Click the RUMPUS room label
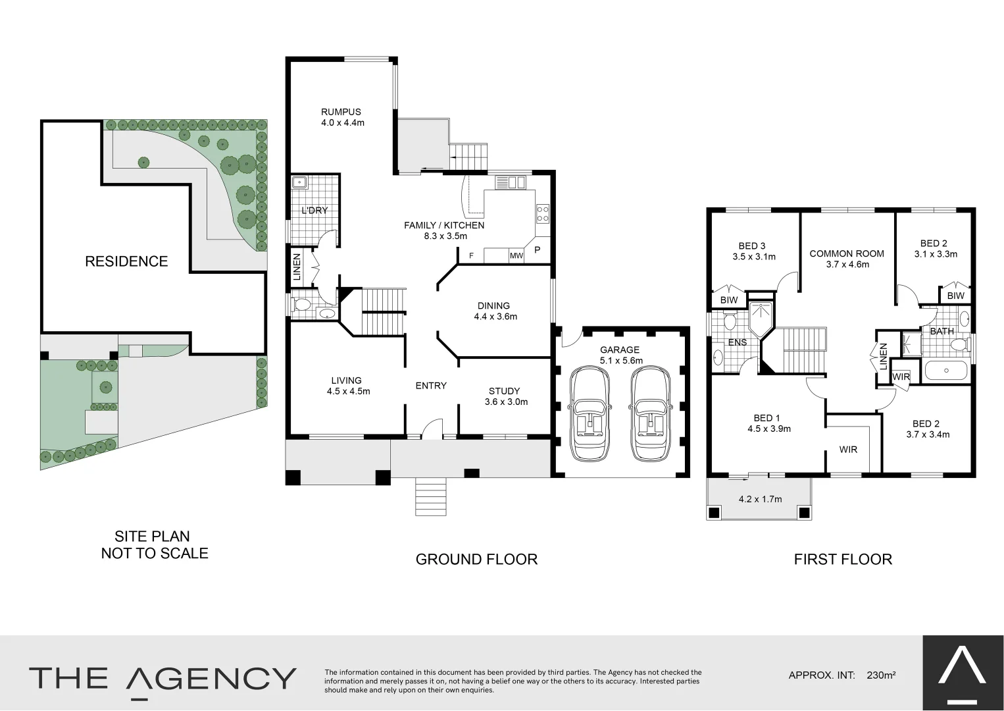(341, 112)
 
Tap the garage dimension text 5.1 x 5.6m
(620, 360)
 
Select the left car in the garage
(590, 413)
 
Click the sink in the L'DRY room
(300, 182)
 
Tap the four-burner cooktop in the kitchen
(543, 213)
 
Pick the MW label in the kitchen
(516, 256)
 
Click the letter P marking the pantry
(537, 250)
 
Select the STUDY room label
(504, 391)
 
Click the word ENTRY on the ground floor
(431, 386)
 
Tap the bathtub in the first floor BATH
(946, 371)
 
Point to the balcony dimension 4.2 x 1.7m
(760, 499)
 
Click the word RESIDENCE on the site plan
(126, 261)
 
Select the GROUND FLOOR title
(476, 560)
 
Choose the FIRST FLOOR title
(843, 560)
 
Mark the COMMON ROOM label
(847, 253)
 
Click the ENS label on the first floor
(737, 342)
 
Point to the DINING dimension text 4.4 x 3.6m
(495, 316)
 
